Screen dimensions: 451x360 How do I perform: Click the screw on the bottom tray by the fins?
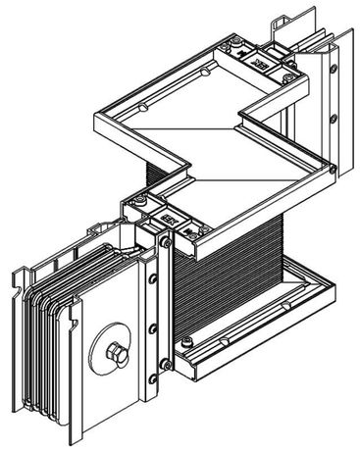[x=225, y=341]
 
